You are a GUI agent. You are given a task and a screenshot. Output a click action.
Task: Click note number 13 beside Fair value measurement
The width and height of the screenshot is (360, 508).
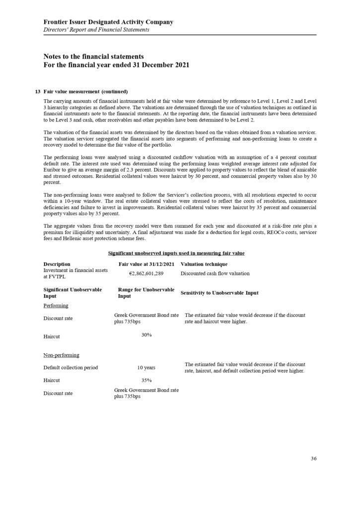coord(38,92)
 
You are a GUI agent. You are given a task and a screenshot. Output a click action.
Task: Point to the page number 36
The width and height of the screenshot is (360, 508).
coord(313,458)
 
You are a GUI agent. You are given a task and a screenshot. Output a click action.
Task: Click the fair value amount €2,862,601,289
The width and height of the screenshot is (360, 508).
coord(143,273)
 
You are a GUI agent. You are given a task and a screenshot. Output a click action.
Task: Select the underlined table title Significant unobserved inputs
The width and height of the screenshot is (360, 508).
coord(176,253)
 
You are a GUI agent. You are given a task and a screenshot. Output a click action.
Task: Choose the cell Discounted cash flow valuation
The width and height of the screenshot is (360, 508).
coord(215,273)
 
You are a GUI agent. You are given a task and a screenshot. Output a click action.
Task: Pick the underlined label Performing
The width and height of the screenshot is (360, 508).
coord(56,305)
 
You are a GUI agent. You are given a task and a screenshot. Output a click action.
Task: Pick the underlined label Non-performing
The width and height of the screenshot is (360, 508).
coord(62,355)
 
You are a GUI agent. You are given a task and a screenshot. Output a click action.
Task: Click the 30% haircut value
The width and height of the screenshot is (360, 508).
coord(146,335)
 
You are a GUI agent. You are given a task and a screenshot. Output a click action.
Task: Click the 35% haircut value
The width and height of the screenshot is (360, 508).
coord(146,381)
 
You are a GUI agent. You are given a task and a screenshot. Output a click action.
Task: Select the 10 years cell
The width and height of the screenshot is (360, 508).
coord(146,368)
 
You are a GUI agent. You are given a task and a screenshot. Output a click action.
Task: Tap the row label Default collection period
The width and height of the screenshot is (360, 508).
coord(71,368)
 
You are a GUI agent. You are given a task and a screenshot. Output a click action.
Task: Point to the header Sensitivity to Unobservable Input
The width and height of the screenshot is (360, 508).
coord(219,293)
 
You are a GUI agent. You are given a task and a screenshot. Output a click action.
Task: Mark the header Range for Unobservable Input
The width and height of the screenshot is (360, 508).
coord(146,293)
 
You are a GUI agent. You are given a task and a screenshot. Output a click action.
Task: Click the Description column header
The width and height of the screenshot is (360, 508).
coord(57,264)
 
